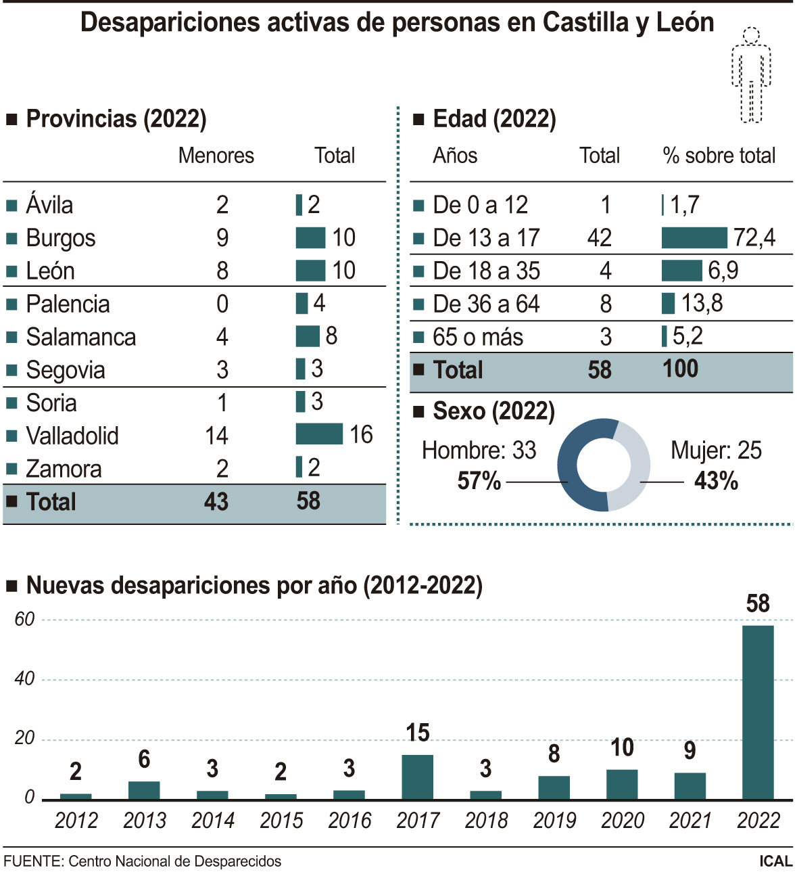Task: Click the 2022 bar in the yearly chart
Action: (x=758, y=712)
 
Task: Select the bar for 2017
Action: (x=417, y=777)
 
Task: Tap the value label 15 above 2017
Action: (x=418, y=733)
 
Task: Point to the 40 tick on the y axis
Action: (x=24, y=678)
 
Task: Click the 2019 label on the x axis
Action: (x=554, y=821)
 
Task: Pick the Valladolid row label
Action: (x=72, y=436)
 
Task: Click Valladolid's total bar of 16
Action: (x=319, y=434)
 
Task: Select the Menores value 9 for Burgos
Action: (x=222, y=238)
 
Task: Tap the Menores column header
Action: (x=216, y=156)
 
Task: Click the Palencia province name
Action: (x=68, y=304)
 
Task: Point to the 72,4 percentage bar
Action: (x=694, y=238)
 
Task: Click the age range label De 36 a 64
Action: (x=486, y=304)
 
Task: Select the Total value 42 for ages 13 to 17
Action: (x=600, y=238)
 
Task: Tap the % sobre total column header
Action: (x=719, y=156)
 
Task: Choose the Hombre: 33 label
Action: (x=479, y=451)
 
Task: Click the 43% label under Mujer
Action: (x=716, y=482)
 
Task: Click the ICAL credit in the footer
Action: (x=775, y=862)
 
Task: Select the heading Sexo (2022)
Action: (x=493, y=411)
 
